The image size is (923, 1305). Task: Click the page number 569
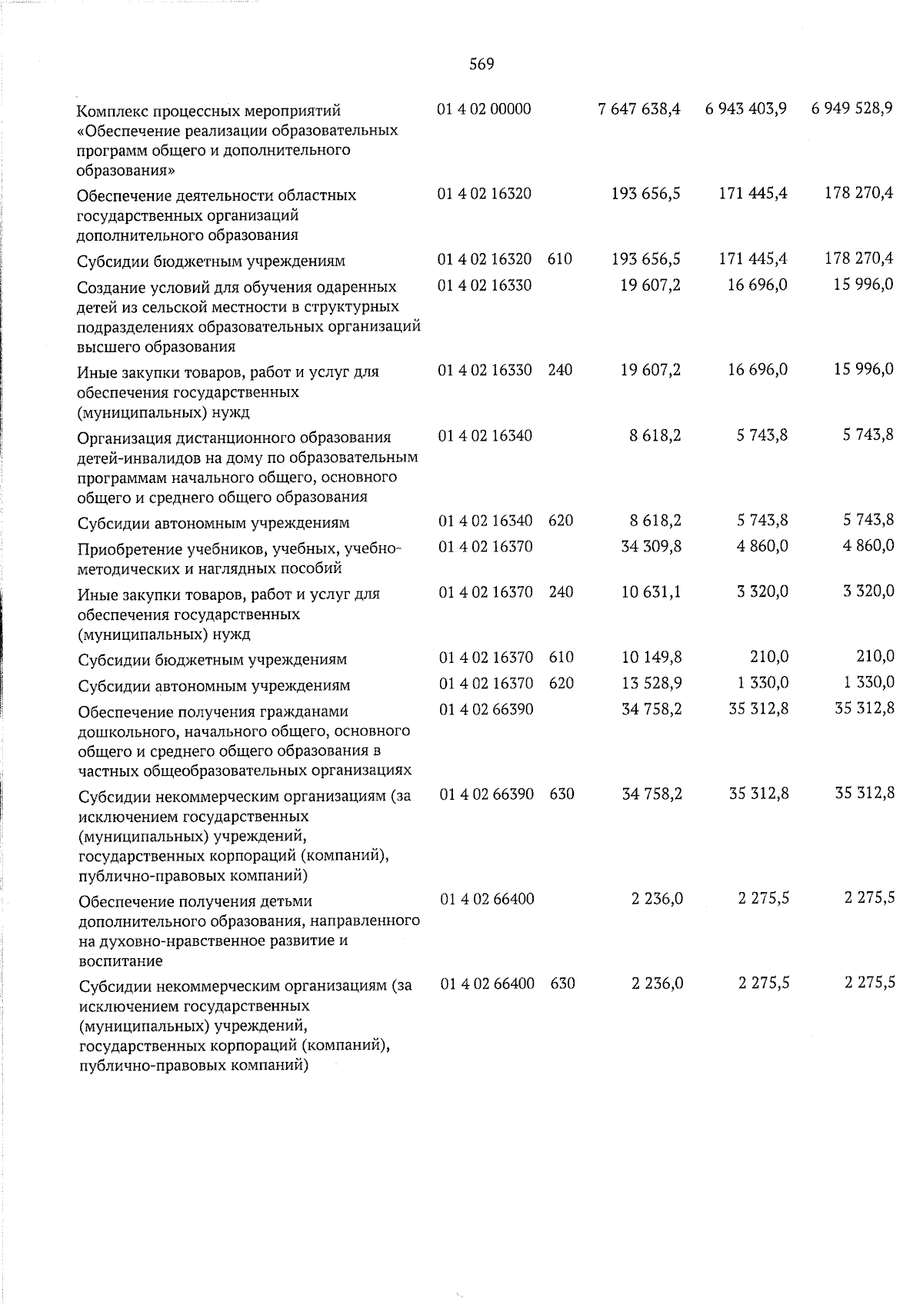tap(481, 65)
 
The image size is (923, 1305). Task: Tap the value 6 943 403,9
tap(745, 110)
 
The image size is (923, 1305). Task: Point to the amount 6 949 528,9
tap(851, 109)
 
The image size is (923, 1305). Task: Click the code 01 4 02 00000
tap(484, 109)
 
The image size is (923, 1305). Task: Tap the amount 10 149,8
tap(651, 657)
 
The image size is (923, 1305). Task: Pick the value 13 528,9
tap(651, 683)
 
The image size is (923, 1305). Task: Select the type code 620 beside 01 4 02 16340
tap(561, 521)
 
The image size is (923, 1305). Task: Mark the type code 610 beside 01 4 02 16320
tap(559, 260)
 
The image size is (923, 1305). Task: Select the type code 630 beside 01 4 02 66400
tap(563, 984)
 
